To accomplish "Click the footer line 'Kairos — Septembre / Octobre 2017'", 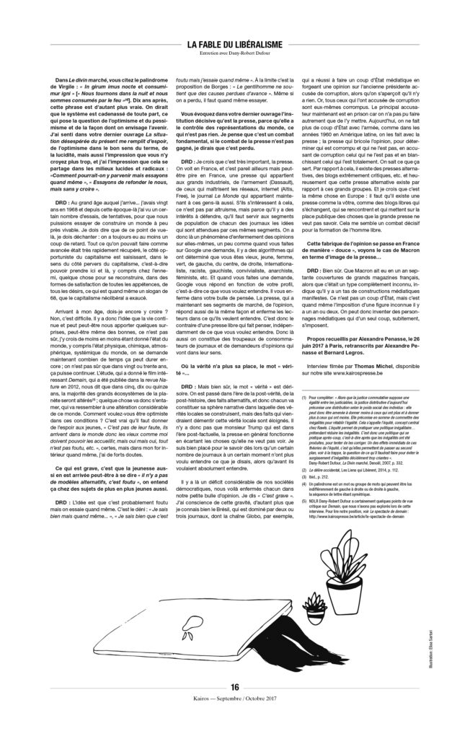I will [235, 720].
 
